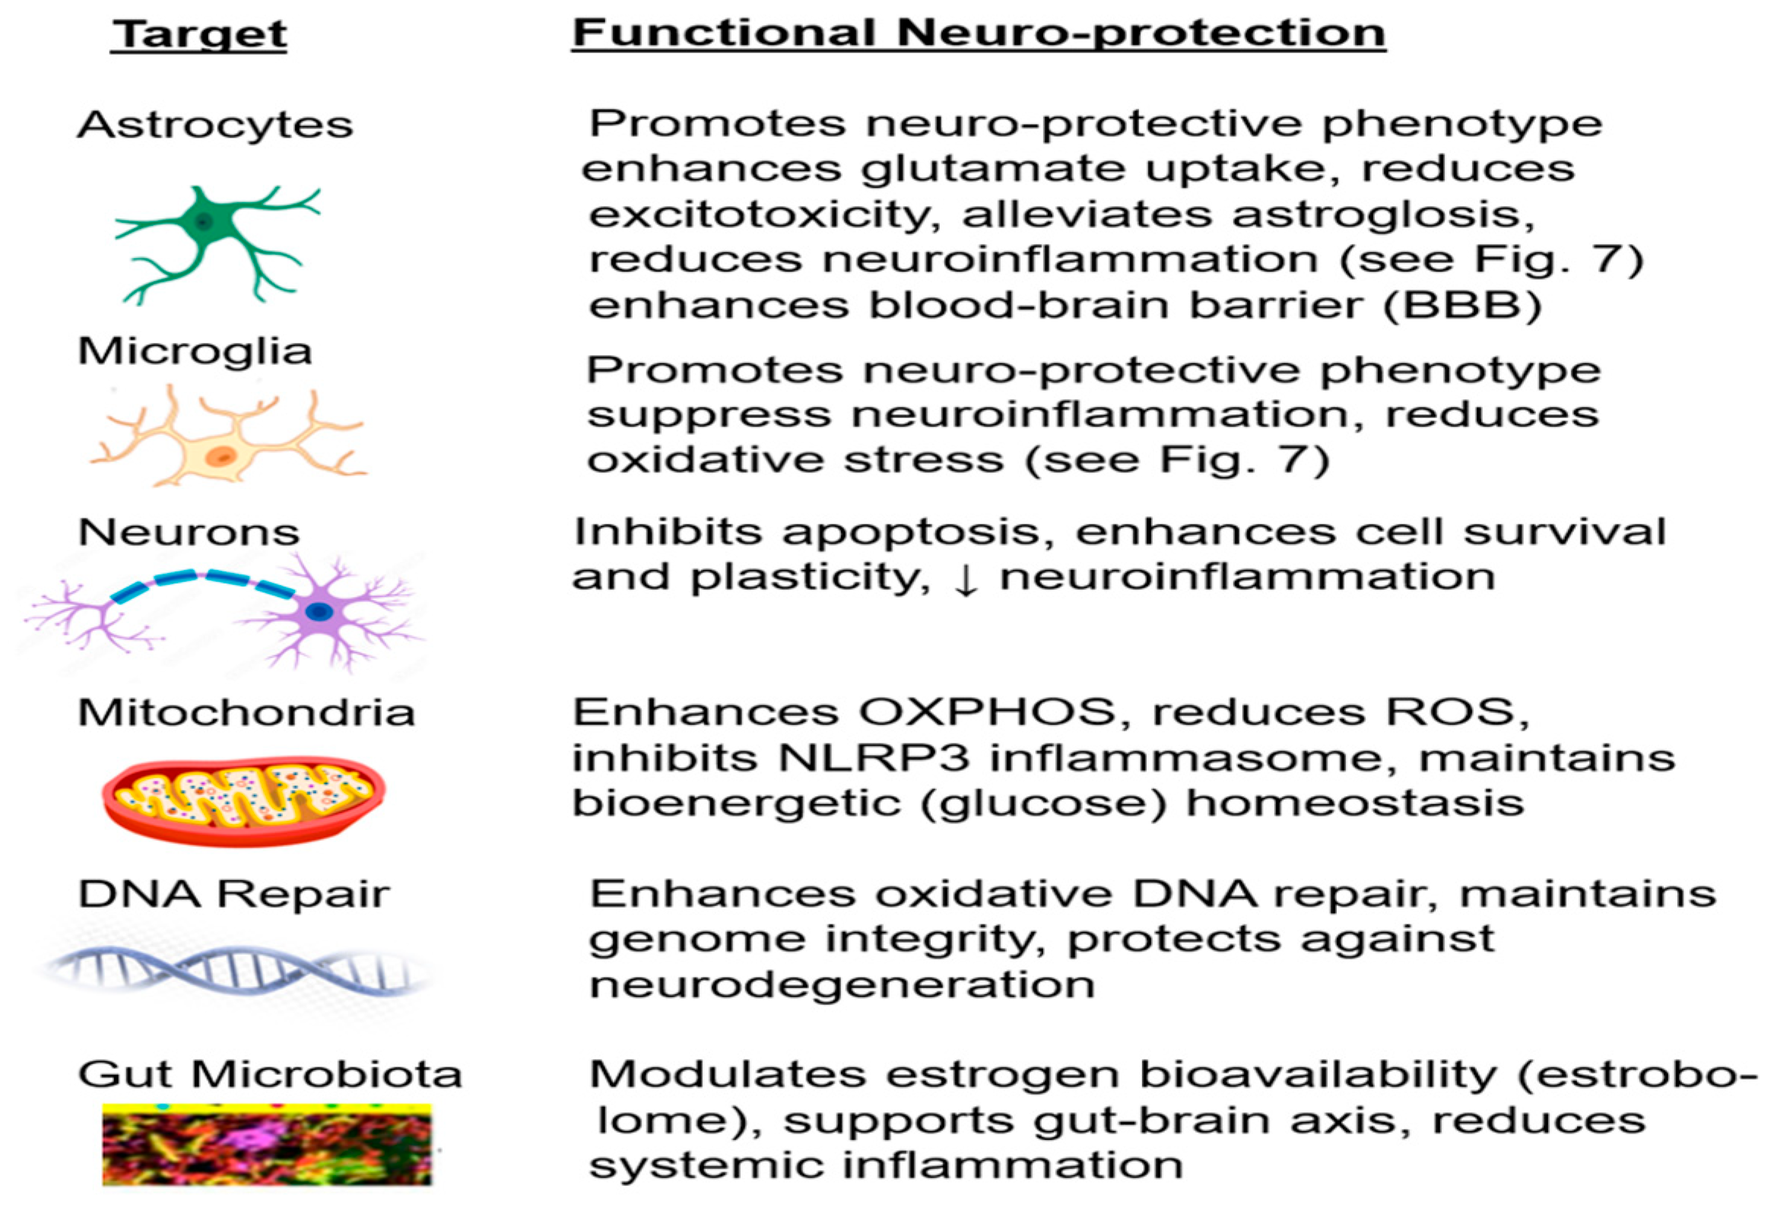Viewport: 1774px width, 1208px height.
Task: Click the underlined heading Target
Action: pyautogui.click(x=199, y=34)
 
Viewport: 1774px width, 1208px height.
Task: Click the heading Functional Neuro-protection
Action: pyautogui.click(x=979, y=33)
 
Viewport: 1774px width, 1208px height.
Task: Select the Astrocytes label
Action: pyautogui.click(x=214, y=125)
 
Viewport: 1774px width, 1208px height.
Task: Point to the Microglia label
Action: pyautogui.click(x=195, y=352)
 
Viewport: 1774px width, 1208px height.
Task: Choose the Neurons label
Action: pyautogui.click(x=189, y=532)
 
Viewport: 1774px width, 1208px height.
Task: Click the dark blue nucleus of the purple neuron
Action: pyautogui.click(x=319, y=610)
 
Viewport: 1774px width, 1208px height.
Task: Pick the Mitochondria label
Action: pyautogui.click(x=246, y=713)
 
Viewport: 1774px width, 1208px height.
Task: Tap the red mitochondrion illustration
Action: pyautogui.click(x=243, y=799)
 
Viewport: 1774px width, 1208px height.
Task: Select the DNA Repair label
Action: pyautogui.click(x=233, y=893)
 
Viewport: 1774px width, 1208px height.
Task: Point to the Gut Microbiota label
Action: pyautogui.click(x=269, y=1074)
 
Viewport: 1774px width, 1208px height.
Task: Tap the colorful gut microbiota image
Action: pyautogui.click(x=266, y=1144)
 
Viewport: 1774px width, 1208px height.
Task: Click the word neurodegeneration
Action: pyautogui.click(x=842, y=985)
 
